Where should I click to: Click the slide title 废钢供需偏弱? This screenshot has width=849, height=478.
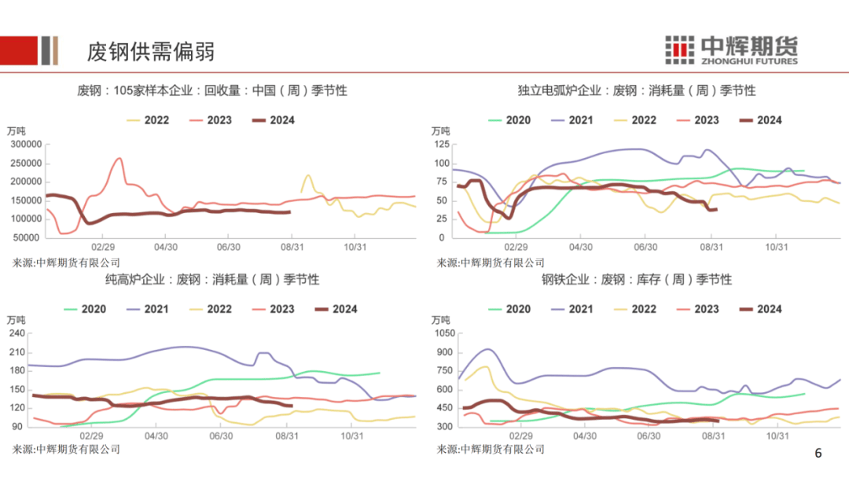coord(150,52)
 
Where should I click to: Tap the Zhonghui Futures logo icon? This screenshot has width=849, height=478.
coord(679,50)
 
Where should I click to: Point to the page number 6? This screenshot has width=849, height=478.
coord(818,454)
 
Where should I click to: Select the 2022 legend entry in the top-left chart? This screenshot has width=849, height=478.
coord(147,120)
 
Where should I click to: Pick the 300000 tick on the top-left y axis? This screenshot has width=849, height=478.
coord(25,145)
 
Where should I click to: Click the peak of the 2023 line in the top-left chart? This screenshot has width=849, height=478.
coord(119,159)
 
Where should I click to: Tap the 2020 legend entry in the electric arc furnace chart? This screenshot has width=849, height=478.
coord(509,120)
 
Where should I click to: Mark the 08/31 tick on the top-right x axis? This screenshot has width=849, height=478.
coord(711,246)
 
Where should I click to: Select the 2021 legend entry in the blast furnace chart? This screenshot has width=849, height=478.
coord(147,309)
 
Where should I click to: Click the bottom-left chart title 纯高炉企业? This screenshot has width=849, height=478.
coord(212,280)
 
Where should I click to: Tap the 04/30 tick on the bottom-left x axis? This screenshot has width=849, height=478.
coord(156,435)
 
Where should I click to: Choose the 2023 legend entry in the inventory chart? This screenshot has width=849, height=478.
coord(697,309)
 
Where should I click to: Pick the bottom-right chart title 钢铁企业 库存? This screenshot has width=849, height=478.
coord(636,280)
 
